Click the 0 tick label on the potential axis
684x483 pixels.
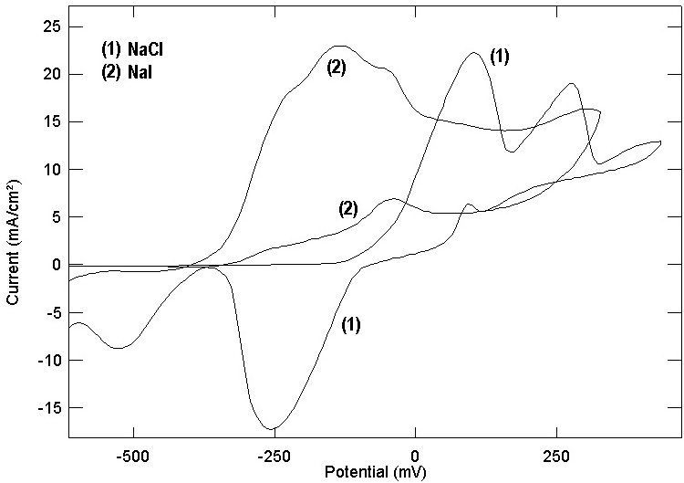415,455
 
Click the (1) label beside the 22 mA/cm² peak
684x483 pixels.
500,57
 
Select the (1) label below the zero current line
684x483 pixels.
351,324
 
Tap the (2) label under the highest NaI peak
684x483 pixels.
336,67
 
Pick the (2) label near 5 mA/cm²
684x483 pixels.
347,210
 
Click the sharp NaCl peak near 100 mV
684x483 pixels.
474,53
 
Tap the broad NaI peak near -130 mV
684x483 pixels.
341,46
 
